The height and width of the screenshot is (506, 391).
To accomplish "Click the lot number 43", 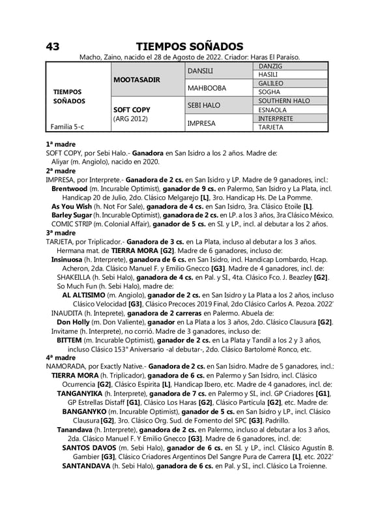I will click(x=53, y=46).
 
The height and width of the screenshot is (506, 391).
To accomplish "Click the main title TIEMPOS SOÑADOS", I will click(x=189, y=46).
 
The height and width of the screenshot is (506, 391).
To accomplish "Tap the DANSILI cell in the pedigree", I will click(x=201, y=70).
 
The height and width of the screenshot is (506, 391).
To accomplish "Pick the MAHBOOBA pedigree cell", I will click(x=207, y=88).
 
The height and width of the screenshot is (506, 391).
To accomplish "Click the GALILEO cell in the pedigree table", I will click(x=270, y=83).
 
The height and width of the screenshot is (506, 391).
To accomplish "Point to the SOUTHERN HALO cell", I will click(x=283, y=101).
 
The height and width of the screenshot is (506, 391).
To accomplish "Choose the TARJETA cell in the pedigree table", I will click(x=270, y=127).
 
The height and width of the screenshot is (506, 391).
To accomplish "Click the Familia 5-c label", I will click(x=66, y=127).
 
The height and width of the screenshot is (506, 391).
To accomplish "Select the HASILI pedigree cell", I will click(x=268, y=75).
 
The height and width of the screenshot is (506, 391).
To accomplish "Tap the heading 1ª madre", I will click(x=61, y=144).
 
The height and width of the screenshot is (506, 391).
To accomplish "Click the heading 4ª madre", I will click(x=61, y=358).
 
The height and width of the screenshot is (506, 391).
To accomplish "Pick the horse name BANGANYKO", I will click(x=89, y=411).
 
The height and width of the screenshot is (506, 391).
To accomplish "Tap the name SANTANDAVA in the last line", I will click(x=86, y=466).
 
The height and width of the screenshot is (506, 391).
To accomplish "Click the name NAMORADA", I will click(x=66, y=367).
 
